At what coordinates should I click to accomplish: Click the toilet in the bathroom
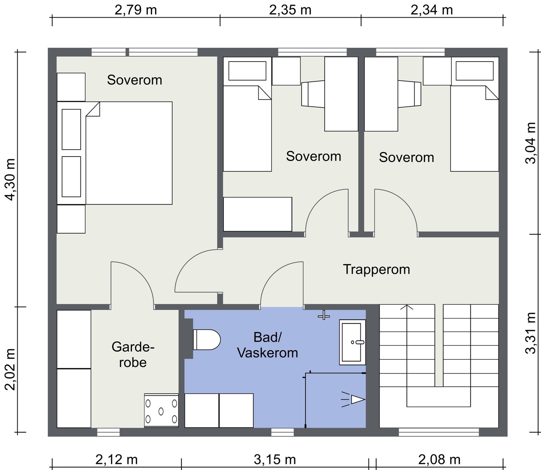[x=206, y=339]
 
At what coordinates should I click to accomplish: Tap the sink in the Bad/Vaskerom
[x=352, y=342]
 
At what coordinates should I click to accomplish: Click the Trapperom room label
[x=377, y=269]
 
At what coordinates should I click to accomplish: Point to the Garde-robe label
[x=133, y=354]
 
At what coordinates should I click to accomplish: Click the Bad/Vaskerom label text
[x=267, y=345]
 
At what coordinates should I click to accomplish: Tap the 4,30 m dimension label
[x=11, y=179]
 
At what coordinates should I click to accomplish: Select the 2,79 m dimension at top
[x=136, y=10]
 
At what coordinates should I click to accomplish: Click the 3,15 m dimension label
[x=275, y=460]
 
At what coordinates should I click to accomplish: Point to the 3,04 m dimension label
[x=531, y=143]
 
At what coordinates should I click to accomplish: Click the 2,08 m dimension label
[x=439, y=460]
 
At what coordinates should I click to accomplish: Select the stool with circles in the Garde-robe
[x=161, y=410]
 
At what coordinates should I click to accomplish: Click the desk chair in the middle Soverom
[x=313, y=94]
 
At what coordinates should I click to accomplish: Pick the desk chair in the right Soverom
[x=409, y=94]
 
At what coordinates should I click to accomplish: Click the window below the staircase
[x=439, y=432]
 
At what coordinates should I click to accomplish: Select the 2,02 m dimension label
[x=11, y=369]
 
